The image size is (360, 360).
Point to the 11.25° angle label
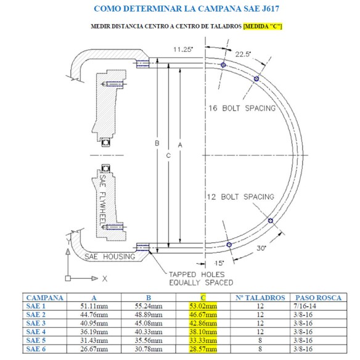pos(183,49)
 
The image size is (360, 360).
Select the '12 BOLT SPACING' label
pos(240,197)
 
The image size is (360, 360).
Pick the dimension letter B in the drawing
pos(157,143)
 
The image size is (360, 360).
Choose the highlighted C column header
pos(203,297)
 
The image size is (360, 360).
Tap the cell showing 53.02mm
pos(203,305)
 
